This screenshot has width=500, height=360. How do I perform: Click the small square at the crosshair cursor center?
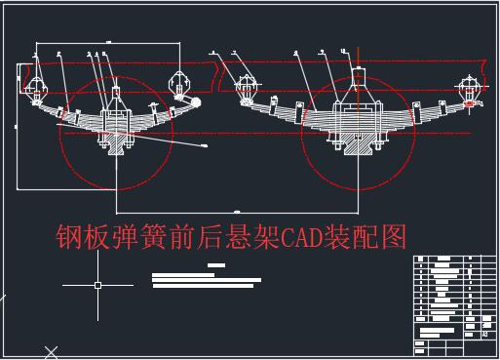pyautogui.click(x=97, y=285)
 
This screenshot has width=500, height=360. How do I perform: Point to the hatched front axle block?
pyautogui.click(x=116, y=143)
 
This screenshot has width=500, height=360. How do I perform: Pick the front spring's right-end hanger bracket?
pyautogui.click(x=179, y=86)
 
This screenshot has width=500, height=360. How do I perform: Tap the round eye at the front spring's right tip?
pyautogui.click(x=195, y=101)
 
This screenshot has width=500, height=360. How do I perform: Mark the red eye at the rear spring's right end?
pyautogui.click(x=473, y=100)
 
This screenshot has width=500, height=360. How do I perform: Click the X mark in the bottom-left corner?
pyautogui.click(x=52, y=352)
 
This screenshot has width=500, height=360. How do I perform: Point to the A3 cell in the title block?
pyautogui.click(x=484, y=334)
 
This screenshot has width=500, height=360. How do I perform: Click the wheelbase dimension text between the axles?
pyautogui.click(x=236, y=210)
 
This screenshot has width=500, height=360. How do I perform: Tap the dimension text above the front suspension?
pyautogui.click(x=107, y=41)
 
